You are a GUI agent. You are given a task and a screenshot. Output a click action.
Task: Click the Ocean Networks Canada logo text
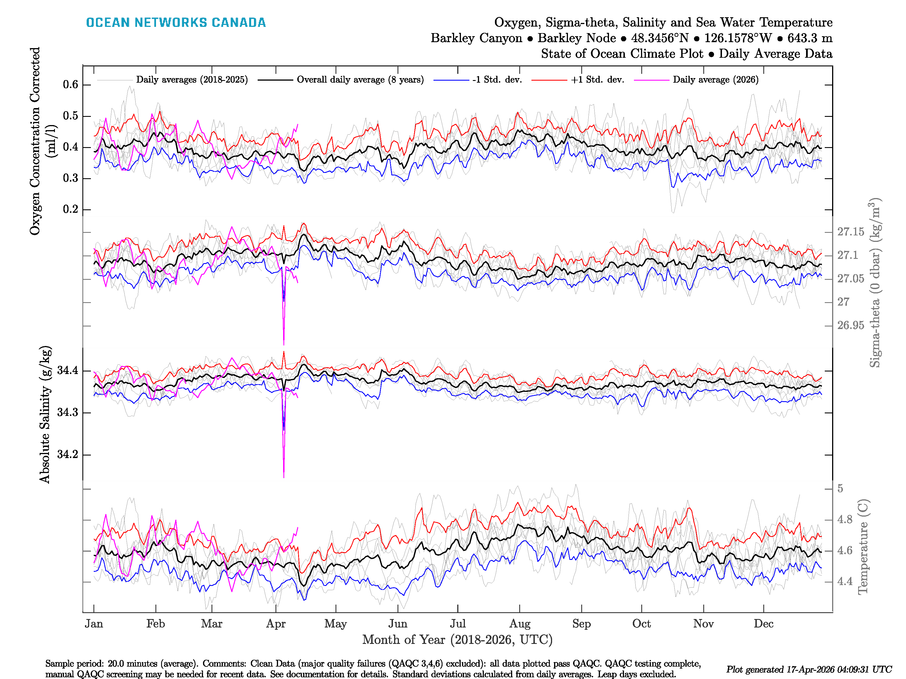point(176,23)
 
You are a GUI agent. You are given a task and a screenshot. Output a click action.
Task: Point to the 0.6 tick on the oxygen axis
point(70,85)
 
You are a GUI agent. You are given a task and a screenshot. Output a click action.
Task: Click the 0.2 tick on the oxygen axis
point(70,209)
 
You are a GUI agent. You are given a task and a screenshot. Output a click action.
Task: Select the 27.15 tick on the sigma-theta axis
point(850,232)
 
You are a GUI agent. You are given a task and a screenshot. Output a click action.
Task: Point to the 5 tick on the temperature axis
point(840,489)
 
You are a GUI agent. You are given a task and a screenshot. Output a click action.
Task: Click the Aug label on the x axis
point(520,624)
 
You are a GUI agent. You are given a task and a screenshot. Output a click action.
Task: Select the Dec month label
point(764,624)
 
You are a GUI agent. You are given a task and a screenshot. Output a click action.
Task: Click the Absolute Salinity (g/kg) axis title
point(45,414)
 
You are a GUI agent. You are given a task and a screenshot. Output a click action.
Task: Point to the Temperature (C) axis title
point(863,546)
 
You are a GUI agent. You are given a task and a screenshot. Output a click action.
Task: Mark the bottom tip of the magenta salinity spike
point(284,477)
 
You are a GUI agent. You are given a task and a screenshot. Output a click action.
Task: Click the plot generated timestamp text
point(809,670)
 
